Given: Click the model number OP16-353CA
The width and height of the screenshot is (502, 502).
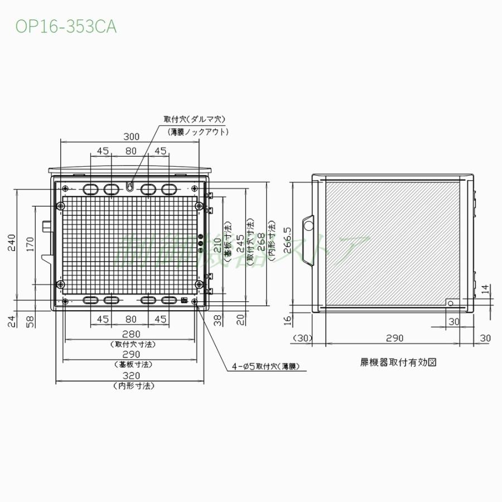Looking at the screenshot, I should pos(66,27).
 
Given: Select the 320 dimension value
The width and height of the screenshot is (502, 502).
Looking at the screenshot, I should pos(132,375).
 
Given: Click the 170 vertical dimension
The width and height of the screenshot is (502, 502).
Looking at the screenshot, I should pos(31,243).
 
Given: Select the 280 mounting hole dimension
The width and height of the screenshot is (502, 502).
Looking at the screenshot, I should pos(132,334).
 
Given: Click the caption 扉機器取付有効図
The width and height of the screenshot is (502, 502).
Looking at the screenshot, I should pos(398,361).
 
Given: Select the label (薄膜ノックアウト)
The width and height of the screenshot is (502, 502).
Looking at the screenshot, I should pos(199,132).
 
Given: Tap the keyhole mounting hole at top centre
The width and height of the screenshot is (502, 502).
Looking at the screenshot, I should pos(130,186).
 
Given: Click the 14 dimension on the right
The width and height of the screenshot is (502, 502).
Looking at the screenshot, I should pos(485,289).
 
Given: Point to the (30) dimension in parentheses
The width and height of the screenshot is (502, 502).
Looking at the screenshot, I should pos(303,338).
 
